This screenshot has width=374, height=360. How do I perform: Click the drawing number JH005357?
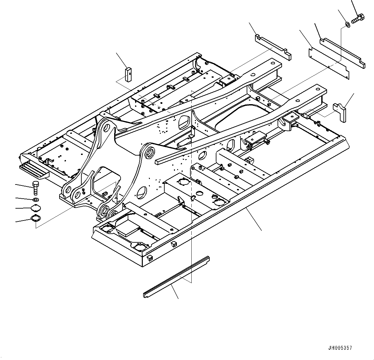[x=340, y=348]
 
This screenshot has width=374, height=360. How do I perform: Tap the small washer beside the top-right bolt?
[x=348, y=24]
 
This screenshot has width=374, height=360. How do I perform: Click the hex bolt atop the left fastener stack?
[x=35, y=187]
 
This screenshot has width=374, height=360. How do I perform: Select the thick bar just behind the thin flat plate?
[x=342, y=53]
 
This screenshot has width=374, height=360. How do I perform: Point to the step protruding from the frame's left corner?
[x=34, y=170]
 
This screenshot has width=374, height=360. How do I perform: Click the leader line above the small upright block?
[x=122, y=59]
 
